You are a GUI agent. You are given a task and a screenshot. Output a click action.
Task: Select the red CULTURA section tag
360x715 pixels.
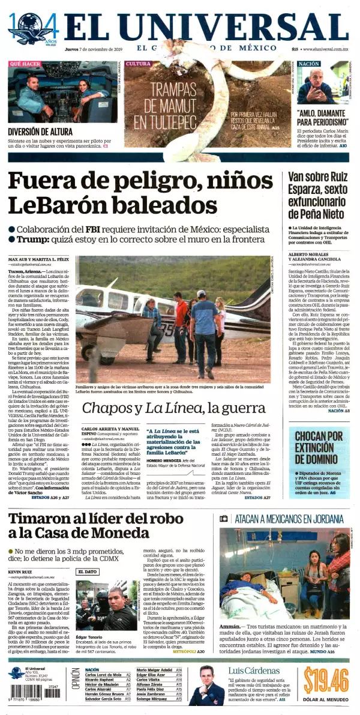pos(139,64)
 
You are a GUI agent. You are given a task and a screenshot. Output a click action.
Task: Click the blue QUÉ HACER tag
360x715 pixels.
pos(25,64)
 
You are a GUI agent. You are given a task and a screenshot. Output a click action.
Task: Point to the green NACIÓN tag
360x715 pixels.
pos(308,64)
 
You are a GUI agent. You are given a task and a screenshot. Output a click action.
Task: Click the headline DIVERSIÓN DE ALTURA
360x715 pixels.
pos(40,132)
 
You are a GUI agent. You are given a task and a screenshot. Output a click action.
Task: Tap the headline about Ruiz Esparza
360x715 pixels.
pos(316,195)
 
